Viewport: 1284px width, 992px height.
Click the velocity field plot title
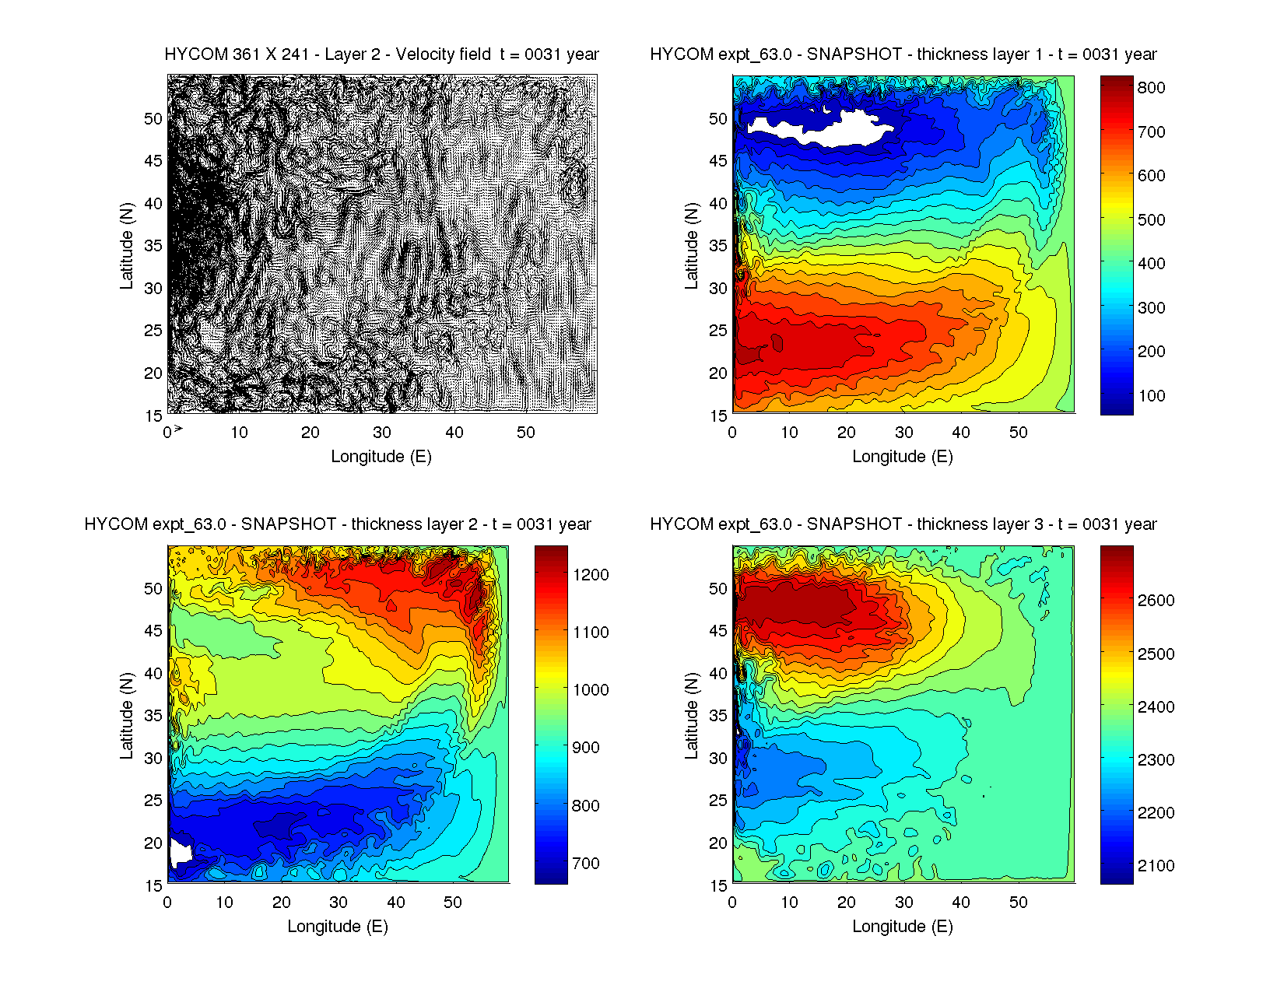point(381,54)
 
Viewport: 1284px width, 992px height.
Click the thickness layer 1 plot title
point(903,54)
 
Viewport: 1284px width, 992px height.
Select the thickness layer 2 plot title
point(338,524)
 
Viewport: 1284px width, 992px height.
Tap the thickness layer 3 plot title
point(903,524)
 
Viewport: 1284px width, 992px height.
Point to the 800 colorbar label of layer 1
point(1151,88)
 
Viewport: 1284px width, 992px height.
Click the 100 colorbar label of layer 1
point(1151,396)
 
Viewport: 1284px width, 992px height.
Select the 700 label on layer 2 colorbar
point(586,864)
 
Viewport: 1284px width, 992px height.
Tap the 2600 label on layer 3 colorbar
point(1156,601)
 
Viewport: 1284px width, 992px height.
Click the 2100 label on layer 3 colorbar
point(1156,866)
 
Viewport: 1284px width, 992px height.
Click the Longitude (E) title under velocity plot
point(381,457)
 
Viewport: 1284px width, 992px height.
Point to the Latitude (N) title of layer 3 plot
point(691,715)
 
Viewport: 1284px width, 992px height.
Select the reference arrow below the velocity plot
point(178,429)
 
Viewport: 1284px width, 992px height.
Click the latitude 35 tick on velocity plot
point(153,246)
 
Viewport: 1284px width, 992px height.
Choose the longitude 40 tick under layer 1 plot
point(961,433)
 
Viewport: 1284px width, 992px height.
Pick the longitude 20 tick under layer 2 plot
point(282,903)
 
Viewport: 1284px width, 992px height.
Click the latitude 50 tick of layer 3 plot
point(718,589)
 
